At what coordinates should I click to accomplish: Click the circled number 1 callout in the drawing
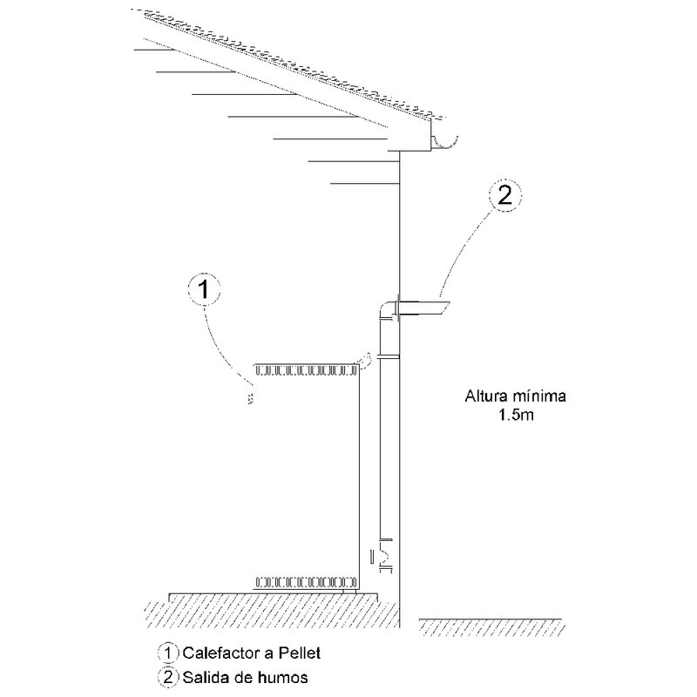point(203,292)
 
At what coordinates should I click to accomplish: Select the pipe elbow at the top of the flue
point(386,309)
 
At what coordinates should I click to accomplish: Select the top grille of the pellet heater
point(306,370)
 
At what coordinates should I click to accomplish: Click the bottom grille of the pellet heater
point(306,579)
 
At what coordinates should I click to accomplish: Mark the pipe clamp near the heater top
point(389,357)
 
